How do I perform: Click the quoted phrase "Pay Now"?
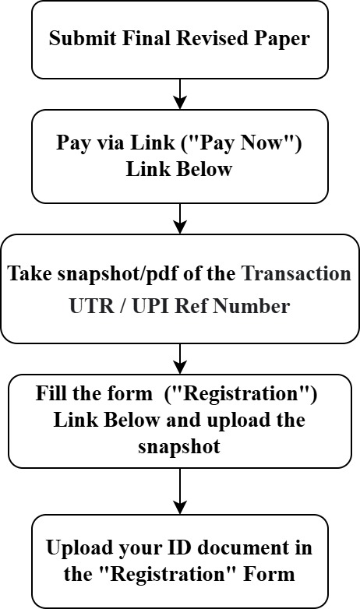pyautogui.click(x=241, y=143)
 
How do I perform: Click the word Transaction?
pyautogui.click(x=296, y=273)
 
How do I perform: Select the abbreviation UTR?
pyautogui.click(x=91, y=306)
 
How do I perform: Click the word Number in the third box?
pyautogui.click(x=252, y=306)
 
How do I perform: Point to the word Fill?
pyautogui.click(x=51, y=393)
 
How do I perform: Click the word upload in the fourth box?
pyautogui.click(x=234, y=421)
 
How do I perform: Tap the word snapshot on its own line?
pyautogui.click(x=179, y=447)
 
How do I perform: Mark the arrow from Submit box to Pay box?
pyautogui.click(x=180, y=94)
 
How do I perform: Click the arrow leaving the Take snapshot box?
pyautogui.click(x=180, y=358)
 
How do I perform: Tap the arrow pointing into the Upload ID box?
pyautogui.click(x=180, y=491)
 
